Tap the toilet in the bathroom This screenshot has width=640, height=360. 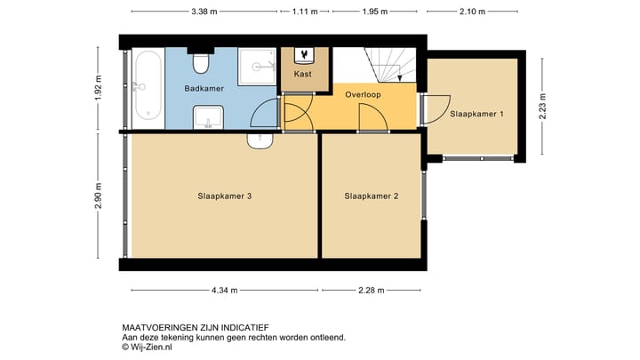click(203, 62)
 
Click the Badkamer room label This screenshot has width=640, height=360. click(204, 89)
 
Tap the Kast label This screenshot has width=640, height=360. click(302, 75)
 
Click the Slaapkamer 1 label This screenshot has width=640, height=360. click(476, 114)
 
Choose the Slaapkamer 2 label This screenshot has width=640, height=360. click(371, 196)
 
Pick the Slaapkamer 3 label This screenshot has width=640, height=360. click(225, 196)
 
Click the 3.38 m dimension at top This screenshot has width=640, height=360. click(204, 12)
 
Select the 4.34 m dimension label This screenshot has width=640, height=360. click(225, 289)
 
